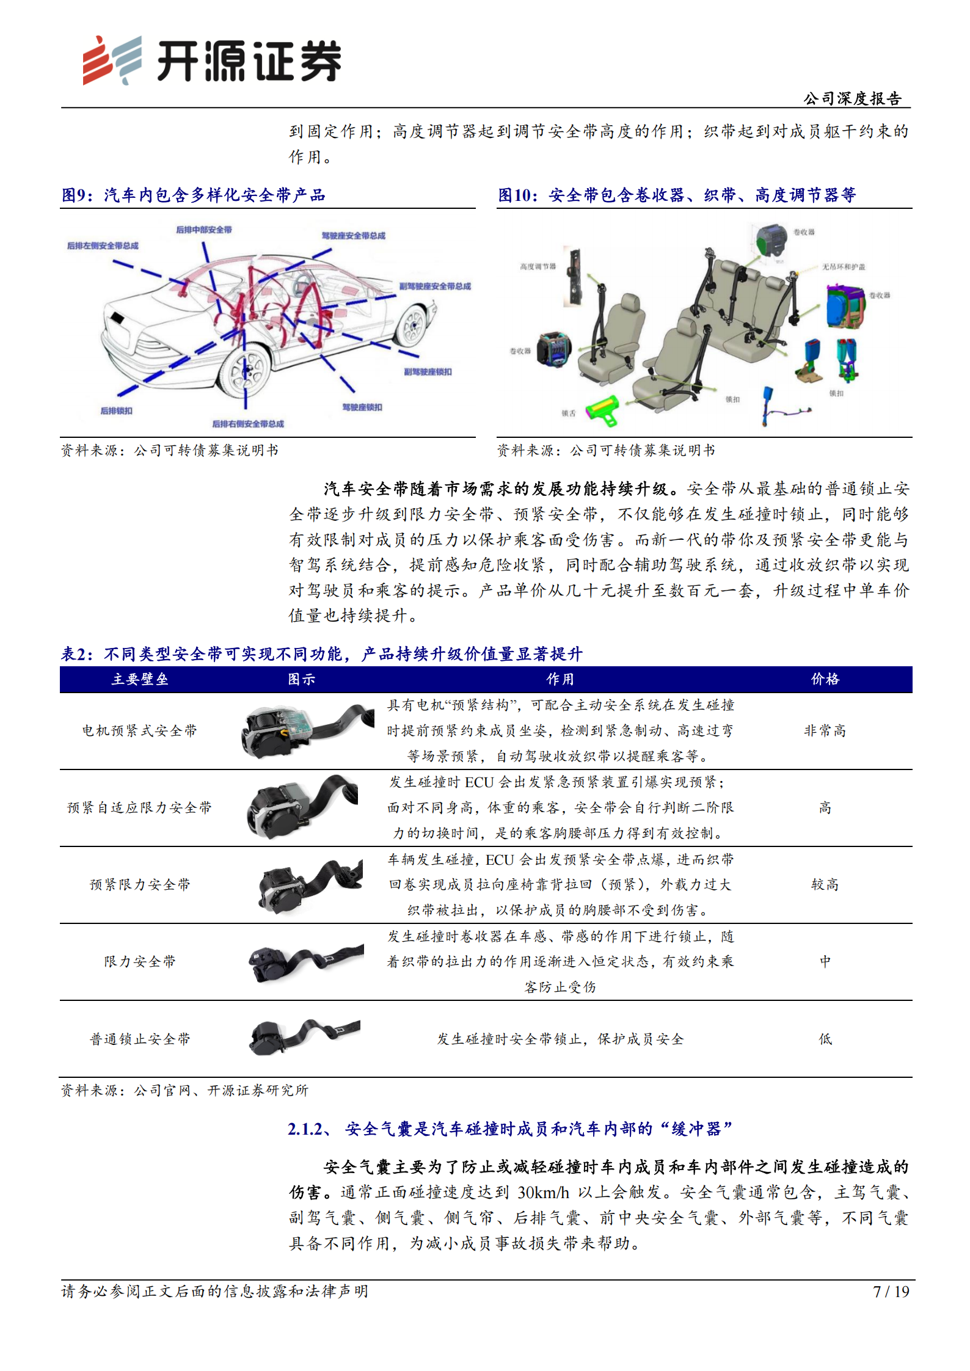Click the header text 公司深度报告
(x=852, y=98)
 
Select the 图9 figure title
(x=193, y=195)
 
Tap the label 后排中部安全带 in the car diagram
(x=204, y=230)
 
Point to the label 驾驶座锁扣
(x=362, y=407)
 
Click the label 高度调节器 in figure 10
(x=538, y=266)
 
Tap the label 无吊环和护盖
(x=843, y=267)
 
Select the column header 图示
(x=301, y=679)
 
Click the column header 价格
(x=825, y=679)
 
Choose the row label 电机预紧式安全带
(x=140, y=730)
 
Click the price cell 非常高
(x=825, y=730)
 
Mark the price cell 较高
(x=825, y=885)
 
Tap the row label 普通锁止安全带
(x=140, y=1039)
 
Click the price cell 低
(x=825, y=1039)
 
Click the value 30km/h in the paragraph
(x=543, y=1193)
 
